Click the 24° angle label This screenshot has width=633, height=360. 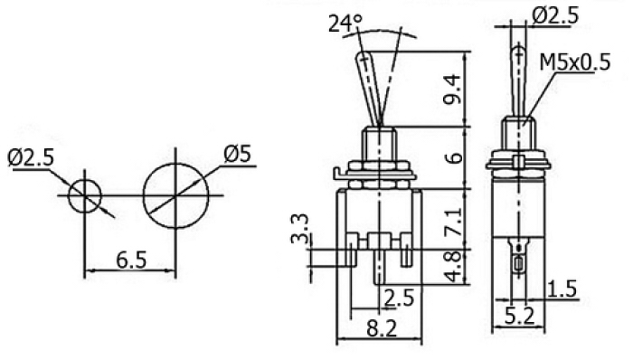coord(345,24)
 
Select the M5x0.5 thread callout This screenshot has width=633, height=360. coord(574,62)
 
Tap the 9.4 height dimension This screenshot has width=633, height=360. coord(452,90)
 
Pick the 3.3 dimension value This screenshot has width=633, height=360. coord(300,229)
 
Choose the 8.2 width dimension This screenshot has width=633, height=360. coord(382,329)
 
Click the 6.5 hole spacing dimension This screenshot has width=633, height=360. coord(132,260)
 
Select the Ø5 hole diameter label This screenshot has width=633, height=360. coord(237,154)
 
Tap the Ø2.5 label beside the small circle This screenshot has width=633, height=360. coord(31,158)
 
